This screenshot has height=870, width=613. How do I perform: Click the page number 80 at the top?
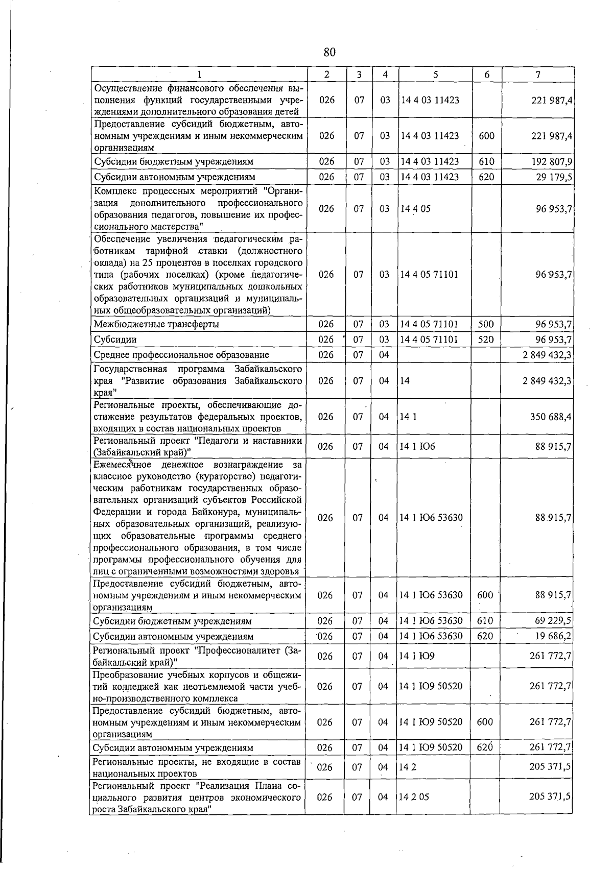pos(329,52)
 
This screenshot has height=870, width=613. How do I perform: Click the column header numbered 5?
pos(435,75)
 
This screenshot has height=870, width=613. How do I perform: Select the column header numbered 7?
pos(538,75)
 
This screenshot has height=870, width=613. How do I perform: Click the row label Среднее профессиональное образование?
pos(181,355)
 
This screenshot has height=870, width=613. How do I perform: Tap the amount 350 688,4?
pos(551,417)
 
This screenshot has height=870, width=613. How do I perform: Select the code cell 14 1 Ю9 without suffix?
pos(417,656)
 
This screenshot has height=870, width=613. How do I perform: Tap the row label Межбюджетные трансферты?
pos(157,324)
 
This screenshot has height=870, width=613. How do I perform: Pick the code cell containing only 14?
pos(405,381)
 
